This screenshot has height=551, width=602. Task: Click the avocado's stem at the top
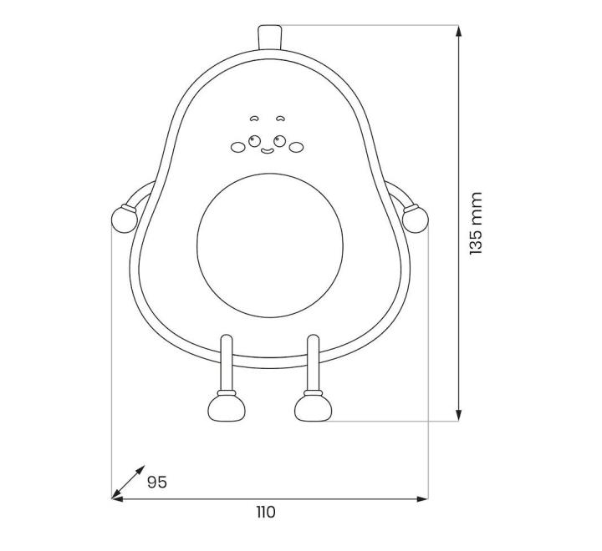269,38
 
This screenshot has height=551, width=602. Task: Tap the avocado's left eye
254,141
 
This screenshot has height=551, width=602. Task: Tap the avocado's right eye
279,141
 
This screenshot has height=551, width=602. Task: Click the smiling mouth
268,151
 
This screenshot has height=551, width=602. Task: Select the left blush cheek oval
237,147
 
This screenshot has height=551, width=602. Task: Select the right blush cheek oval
296,147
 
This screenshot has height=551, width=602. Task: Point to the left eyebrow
253,119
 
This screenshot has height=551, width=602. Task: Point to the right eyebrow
281,119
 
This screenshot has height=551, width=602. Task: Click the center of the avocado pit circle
269,245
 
